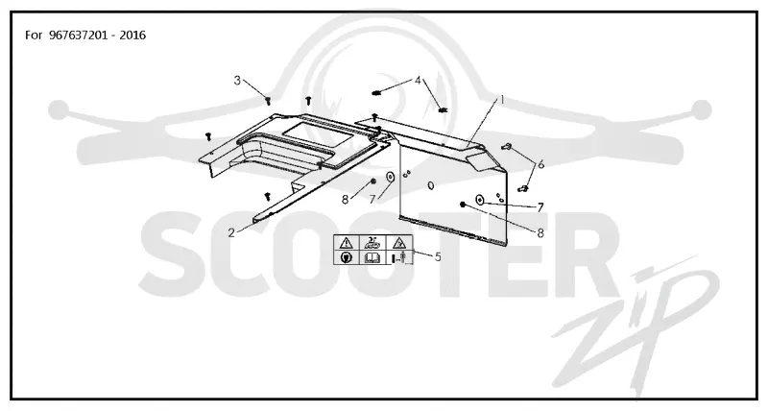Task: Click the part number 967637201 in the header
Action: coord(78,36)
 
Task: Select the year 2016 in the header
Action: coord(132,36)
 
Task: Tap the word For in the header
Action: coord(34,36)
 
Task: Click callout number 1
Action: coord(501,100)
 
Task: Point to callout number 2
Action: coord(231,232)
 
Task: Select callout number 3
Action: coord(237,81)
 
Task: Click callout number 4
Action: coord(418,81)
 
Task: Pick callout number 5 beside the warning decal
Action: coord(438,256)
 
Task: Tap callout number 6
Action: coord(540,164)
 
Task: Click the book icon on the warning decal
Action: coord(373,257)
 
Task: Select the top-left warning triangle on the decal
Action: coord(347,243)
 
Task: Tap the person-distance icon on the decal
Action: coord(399,257)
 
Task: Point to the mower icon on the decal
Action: coord(373,242)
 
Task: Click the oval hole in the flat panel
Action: coord(430,185)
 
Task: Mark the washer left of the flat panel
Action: coord(391,177)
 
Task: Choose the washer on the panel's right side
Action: coord(479,200)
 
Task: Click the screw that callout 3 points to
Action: coord(268,101)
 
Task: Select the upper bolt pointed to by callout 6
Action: coord(507,146)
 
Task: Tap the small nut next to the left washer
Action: coord(373,181)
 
